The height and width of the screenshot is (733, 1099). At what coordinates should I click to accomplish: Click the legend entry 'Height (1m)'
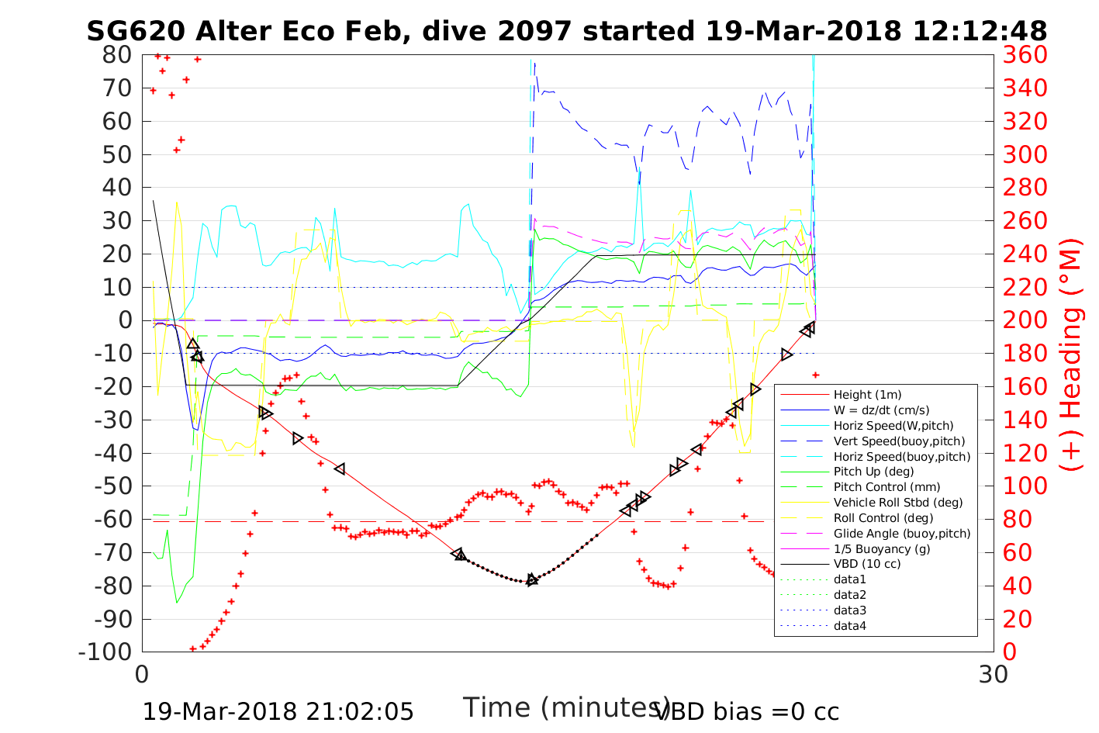[x=867, y=395]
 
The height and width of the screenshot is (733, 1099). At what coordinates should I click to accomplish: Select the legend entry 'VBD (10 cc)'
[x=867, y=564]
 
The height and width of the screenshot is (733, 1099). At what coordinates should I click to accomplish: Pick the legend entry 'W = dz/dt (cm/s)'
[x=881, y=410]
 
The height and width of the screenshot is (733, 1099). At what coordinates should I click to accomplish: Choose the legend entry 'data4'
[x=849, y=625]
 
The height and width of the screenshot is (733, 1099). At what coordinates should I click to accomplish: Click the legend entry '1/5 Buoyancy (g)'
[x=882, y=548]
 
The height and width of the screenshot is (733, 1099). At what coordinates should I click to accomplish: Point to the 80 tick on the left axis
[x=118, y=55]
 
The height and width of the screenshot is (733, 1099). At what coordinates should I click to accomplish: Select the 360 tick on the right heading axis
[x=1025, y=55]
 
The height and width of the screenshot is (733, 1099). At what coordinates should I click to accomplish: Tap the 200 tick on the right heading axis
[x=1025, y=320]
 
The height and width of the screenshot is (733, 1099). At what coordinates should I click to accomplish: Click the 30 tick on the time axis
[x=994, y=674]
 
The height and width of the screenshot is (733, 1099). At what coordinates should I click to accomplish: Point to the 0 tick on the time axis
[x=142, y=674]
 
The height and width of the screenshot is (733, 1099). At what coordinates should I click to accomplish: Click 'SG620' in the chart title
[x=135, y=31]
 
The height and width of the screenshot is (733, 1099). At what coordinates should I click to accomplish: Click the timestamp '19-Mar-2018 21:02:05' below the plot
[x=278, y=711]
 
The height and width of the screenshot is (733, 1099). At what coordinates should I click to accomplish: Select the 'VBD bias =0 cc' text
[x=748, y=711]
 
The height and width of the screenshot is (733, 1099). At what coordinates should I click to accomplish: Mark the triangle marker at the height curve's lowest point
[x=531, y=579]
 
